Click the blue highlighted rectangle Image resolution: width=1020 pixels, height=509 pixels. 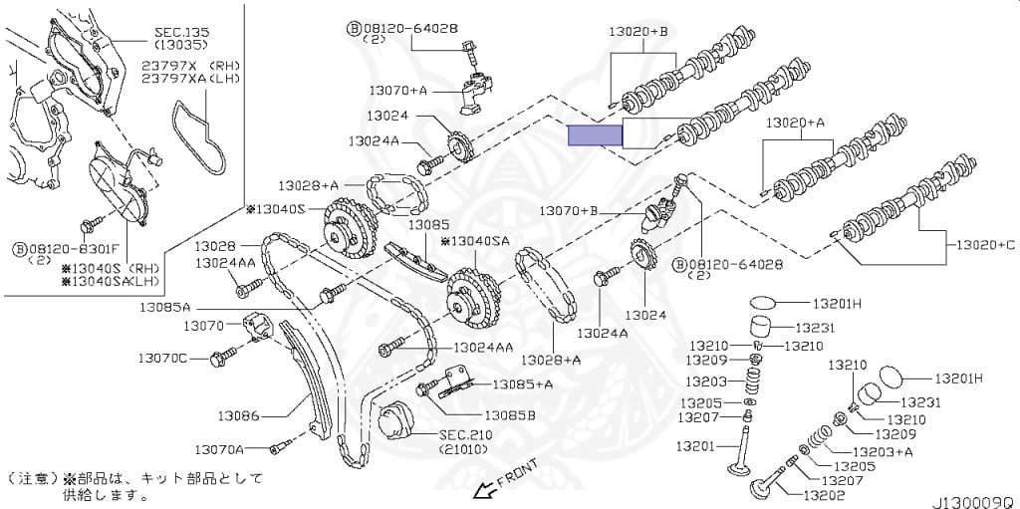coord(594,136)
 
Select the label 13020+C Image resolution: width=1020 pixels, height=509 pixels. coord(984,244)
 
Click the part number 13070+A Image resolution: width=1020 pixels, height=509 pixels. coord(397,90)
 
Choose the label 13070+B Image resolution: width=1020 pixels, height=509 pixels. coord(569,211)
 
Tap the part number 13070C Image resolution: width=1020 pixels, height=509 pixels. coord(162,358)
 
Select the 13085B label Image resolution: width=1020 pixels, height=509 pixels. coord(510,414)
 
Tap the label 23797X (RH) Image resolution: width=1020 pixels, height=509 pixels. coord(183,65)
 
